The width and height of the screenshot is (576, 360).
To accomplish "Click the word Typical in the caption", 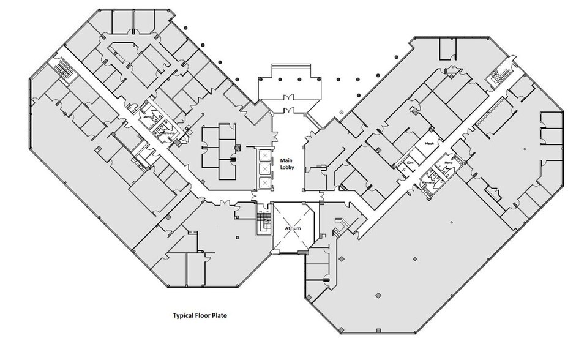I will tap(183, 317).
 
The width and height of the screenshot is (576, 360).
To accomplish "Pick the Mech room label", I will tap(430, 144).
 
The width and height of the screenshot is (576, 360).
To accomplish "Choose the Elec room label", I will tap(410, 163).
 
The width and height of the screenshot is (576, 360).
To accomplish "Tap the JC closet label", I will tap(404, 171).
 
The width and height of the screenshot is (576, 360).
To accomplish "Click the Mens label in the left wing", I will tap(147, 113).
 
